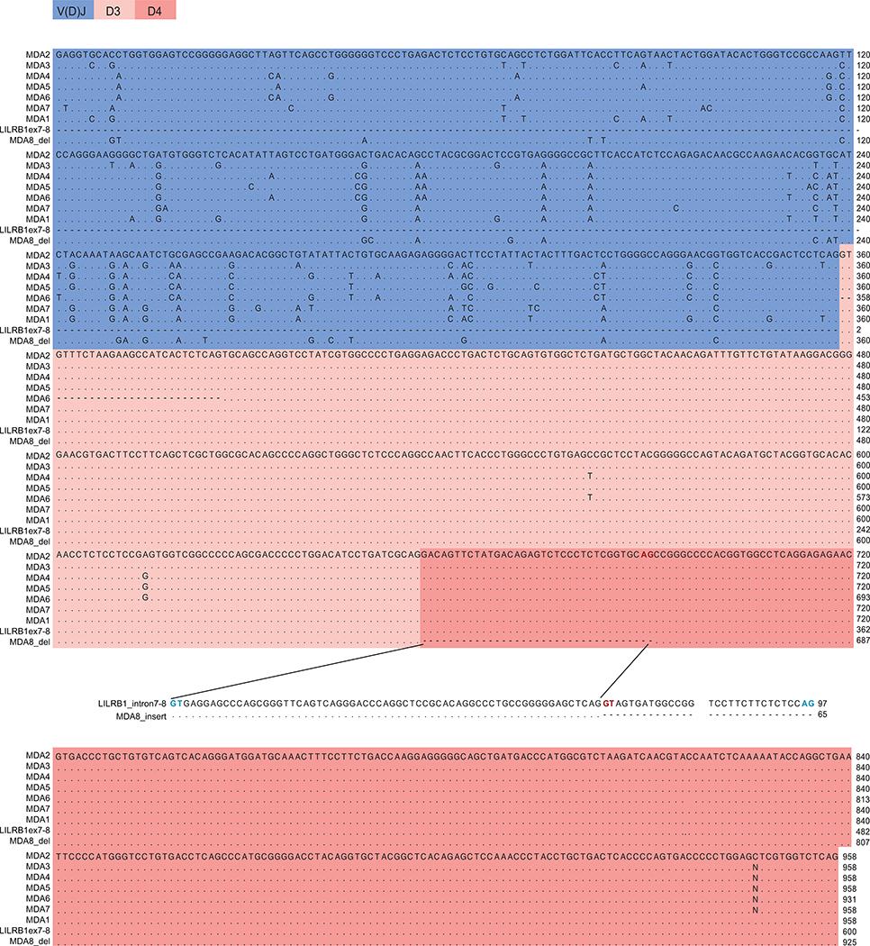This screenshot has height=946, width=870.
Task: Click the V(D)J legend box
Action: [73, 10]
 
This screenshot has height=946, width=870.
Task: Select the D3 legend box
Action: [113, 10]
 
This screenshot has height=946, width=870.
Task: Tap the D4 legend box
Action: [154, 10]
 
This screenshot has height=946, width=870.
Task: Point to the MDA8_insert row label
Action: [144, 713]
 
